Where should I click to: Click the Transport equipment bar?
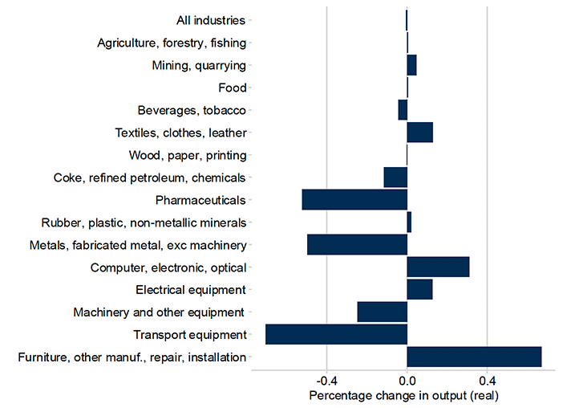point(336,334)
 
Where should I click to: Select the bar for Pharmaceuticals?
point(354,199)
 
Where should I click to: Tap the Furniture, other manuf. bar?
point(474,357)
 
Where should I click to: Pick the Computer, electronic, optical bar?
point(438,267)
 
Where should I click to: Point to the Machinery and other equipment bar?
point(382,312)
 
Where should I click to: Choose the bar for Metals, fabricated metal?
point(357,244)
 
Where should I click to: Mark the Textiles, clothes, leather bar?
point(419,132)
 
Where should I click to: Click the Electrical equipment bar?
point(419,289)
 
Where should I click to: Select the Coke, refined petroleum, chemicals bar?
point(395,177)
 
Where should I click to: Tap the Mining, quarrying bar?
point(411,65)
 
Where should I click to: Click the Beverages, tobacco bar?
point(403,110)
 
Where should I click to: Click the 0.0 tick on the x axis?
point(407,380)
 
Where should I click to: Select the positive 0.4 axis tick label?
point(487,380)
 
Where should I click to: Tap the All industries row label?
point(211,20)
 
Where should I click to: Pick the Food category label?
point(233,88)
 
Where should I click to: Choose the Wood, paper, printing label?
point(188,155)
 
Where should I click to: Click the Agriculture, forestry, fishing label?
point(172,43)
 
